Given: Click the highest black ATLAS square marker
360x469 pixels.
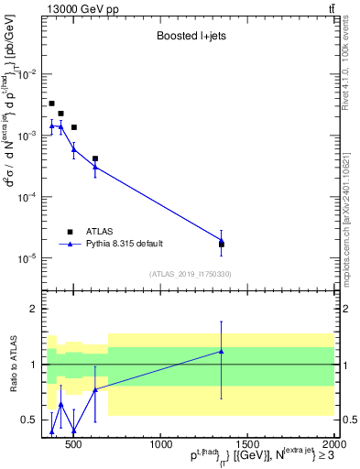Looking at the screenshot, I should [51, 104].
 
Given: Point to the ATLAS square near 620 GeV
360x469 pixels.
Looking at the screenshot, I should [95, 158].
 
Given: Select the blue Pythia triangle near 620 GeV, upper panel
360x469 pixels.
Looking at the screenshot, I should [95, 167].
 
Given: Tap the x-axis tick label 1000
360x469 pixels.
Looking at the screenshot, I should [159, 445].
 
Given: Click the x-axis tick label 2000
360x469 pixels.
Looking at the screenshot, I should [334, 445].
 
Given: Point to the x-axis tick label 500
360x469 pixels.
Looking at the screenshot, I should [74, 445].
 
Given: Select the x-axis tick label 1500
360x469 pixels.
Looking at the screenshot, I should [247, 445].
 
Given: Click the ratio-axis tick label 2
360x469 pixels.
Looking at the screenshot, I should [32, 309].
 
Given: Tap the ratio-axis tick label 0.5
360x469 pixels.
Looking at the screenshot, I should [27, 420].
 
